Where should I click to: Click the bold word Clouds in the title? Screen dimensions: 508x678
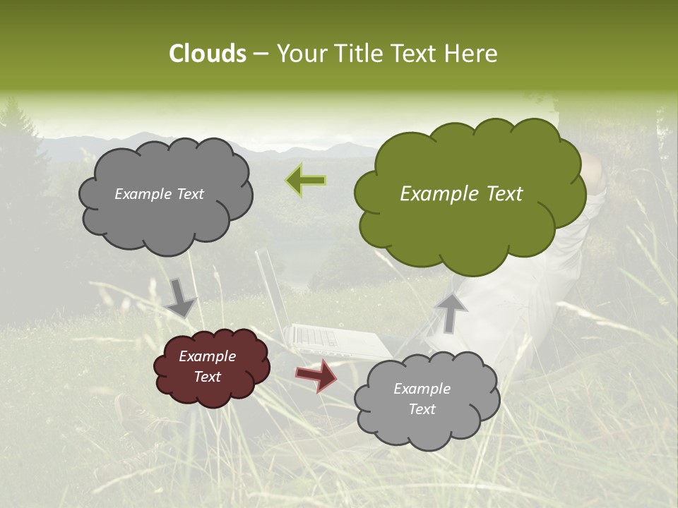tap(208, 54)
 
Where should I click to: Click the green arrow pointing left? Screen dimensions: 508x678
tap(306, 181)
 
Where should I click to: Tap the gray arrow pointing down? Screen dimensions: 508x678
tap(180, 298)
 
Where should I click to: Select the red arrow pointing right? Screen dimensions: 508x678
tap(316, 375)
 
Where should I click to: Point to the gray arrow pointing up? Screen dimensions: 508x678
tap(451, 312)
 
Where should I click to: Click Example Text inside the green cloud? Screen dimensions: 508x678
tap(461, 194)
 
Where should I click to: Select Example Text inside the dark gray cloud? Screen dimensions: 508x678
tap(160, 194)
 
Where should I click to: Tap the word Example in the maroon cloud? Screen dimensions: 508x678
tap(208, 356)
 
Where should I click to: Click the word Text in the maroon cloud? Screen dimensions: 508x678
tap(208, 377)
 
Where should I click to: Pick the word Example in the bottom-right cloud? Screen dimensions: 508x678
tap(422, 389)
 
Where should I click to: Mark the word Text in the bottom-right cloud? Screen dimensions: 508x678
tap(422, 409)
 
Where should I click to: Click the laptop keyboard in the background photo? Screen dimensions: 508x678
tap(318, 337)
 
